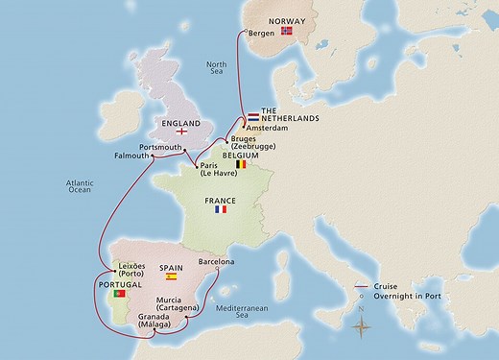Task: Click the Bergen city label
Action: (261, 32)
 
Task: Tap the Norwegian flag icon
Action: (286, 31)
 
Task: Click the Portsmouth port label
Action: (160, 147)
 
